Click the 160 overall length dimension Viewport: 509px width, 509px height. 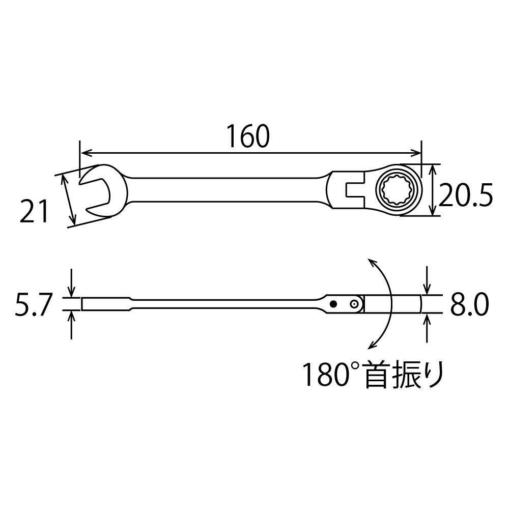point(247,136)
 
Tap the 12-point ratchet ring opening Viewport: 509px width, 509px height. point(398,190)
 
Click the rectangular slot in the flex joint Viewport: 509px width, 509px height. point(352,191)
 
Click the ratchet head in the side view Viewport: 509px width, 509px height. point(392,304)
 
